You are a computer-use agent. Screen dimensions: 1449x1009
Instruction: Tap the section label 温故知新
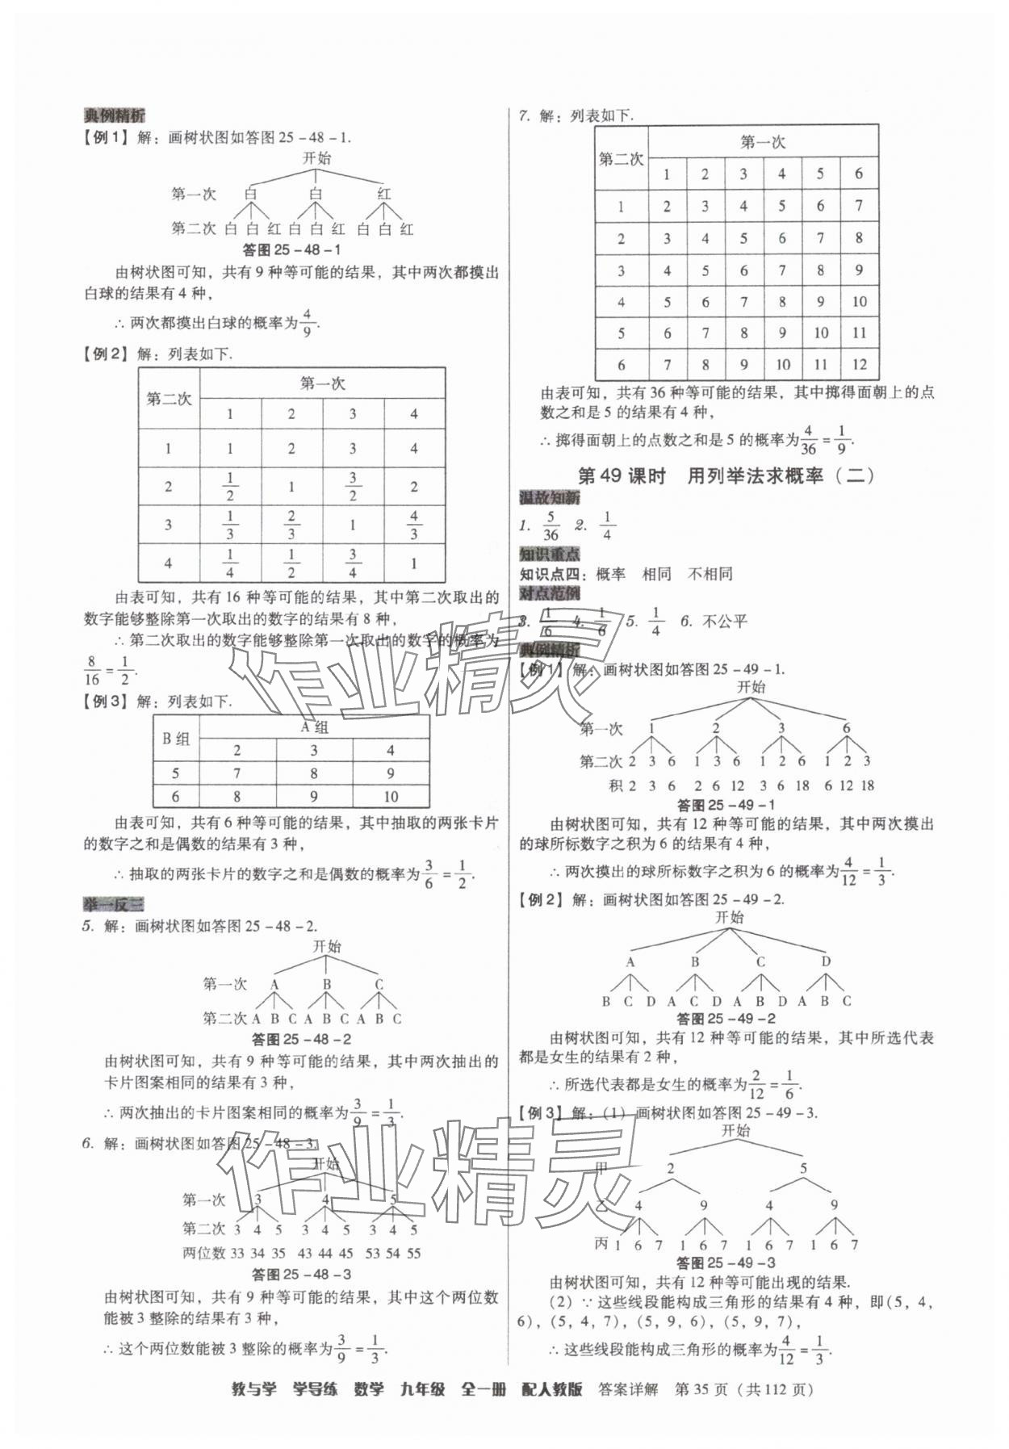549,498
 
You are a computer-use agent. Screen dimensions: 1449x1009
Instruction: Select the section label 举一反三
113,904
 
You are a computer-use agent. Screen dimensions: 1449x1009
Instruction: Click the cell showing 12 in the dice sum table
859,364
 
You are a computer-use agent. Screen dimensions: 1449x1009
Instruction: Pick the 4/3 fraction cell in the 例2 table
414,525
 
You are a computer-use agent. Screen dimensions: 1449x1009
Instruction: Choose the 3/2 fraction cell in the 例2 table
353,487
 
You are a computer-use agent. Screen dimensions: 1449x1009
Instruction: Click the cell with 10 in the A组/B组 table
391,797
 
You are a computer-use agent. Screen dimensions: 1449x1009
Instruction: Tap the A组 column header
313,727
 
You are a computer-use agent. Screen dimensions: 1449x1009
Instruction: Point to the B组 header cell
176,739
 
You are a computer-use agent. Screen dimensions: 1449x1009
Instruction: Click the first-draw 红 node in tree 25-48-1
384,194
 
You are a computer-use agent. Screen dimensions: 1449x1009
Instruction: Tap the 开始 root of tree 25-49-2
729,917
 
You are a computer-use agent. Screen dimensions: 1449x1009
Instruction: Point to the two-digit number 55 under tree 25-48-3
413,1253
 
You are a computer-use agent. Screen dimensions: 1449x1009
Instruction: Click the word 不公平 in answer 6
725,621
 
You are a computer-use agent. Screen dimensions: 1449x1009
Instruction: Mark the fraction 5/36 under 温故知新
551,526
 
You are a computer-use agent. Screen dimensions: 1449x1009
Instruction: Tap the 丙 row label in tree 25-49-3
601,1244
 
